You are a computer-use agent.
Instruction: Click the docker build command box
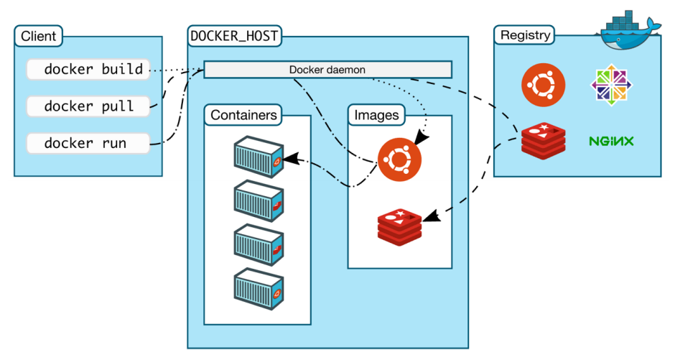point(88,70)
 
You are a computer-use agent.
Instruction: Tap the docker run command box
point(88,143)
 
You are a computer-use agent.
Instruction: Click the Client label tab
point(38,36)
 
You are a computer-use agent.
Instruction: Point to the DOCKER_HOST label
point(235,35)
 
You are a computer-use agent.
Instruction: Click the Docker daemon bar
point(327,70)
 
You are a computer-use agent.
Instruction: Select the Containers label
point(243,115)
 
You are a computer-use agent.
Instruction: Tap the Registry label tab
point(525,34)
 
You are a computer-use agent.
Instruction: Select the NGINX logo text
point(611,142)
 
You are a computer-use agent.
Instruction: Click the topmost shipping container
point(257,159)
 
